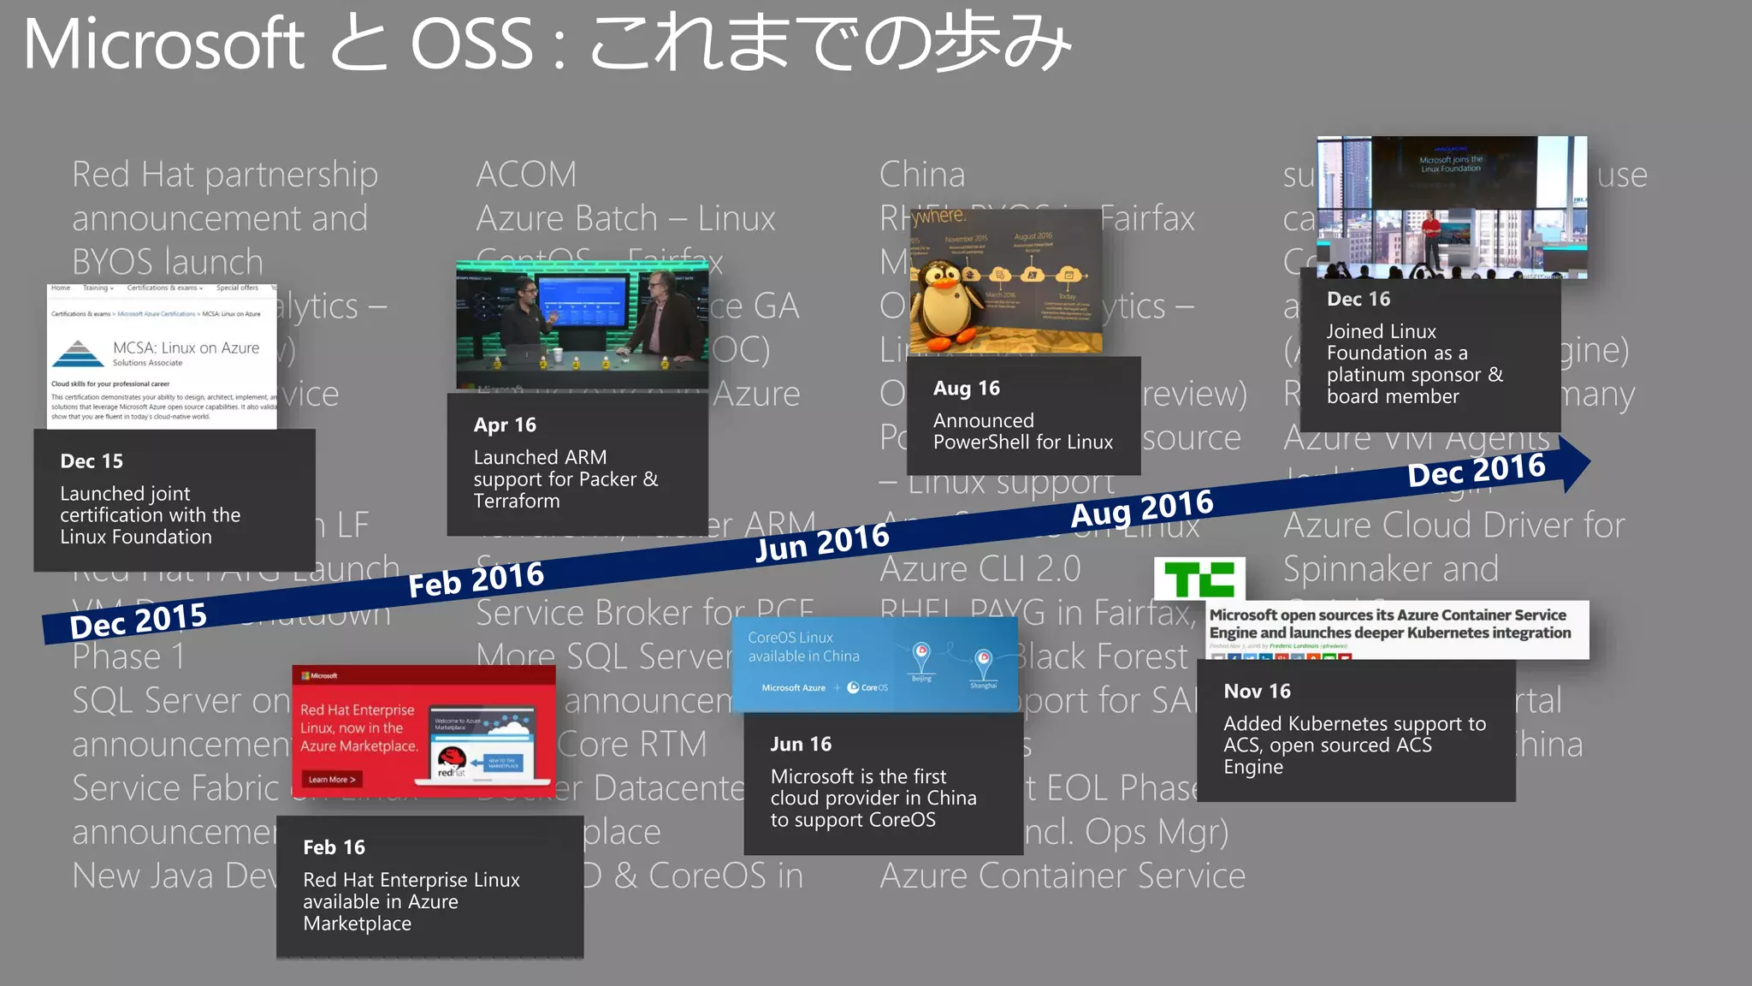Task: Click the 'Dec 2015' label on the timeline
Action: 139,620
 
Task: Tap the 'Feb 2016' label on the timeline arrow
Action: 476,579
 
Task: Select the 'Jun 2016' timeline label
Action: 822,542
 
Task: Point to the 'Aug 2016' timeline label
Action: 1141,508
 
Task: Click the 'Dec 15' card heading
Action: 92,461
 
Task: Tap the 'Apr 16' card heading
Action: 505,425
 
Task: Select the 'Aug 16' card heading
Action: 966,389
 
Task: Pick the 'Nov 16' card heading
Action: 1257,692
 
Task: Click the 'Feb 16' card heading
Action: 334,847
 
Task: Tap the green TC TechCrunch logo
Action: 1199,579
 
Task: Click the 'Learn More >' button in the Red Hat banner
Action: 332,779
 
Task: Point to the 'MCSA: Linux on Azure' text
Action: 186,348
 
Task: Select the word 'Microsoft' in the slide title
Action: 163,45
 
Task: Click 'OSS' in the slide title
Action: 472,45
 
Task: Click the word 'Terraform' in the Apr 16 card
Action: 517,502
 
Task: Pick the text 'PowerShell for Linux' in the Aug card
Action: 1022,443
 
